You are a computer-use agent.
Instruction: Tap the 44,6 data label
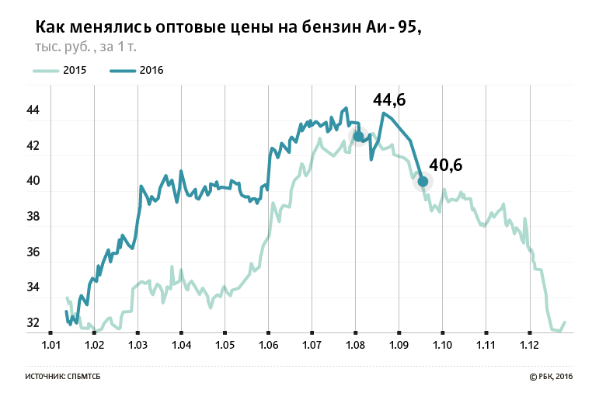click(x=389, y=99)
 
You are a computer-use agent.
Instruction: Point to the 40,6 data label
click(x=445, y=165)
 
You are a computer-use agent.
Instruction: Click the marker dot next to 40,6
click(x=423, y=182)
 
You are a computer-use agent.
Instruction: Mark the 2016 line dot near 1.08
click(x=358, y=137)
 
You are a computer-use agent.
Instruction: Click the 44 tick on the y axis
click(x=33, y=110)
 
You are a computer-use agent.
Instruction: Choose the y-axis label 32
click(x=33, y=323)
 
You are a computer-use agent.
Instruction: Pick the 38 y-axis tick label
click(x=33, y=217)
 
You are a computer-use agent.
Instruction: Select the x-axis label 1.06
click(x=268, y=344)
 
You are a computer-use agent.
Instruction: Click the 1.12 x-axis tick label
click(x=530, y=344)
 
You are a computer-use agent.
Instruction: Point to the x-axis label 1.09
click(x=399, y=344)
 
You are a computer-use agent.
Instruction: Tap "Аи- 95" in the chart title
click(x=392, y=28)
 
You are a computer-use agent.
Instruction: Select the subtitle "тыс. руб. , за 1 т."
click(x=85, y=47)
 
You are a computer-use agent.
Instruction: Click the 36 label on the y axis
click(x=33, y=252)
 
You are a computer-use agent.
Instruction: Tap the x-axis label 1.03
click(x=138, y=344)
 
